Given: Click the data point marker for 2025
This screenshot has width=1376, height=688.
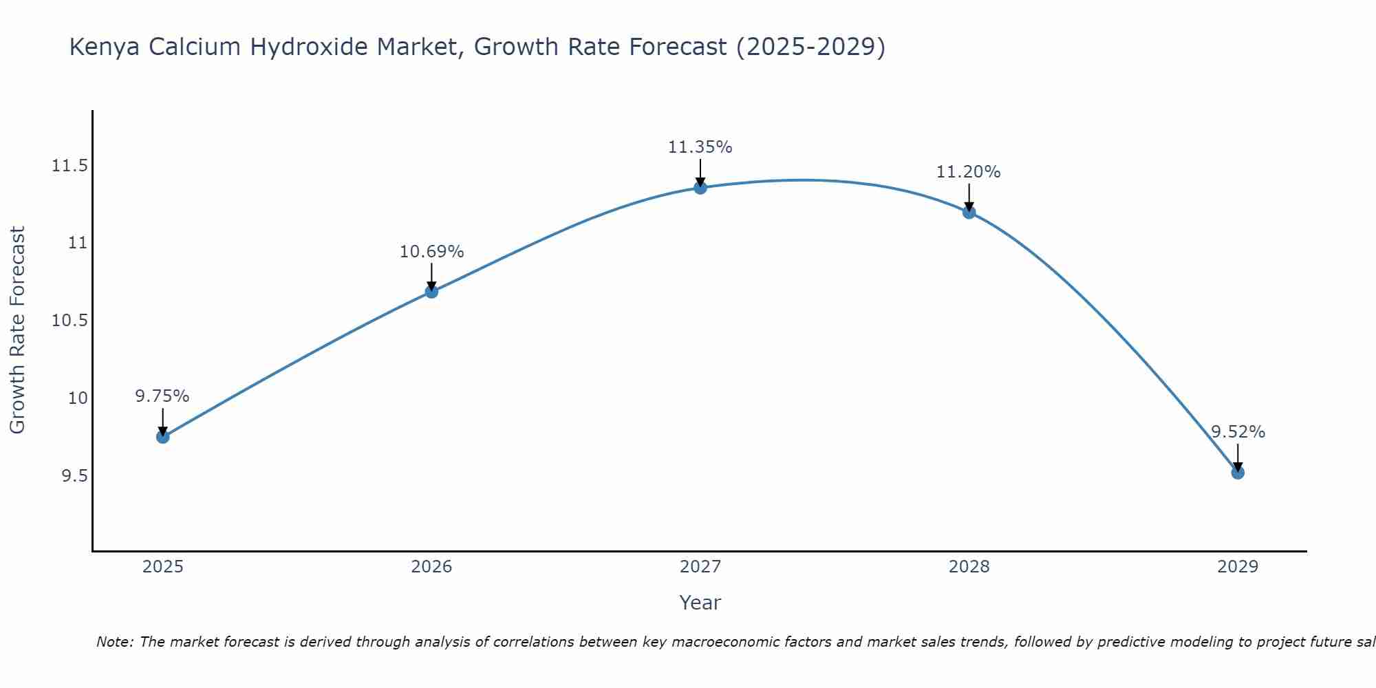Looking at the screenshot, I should [x=163, y=437].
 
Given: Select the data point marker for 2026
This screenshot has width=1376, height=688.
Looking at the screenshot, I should [x=431, y=292].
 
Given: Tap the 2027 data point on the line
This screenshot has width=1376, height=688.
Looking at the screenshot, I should [x=700, y=188].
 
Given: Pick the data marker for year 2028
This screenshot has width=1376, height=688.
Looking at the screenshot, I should [x=969, y=213].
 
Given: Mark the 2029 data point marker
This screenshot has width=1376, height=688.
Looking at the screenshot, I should [x=1238, y=473].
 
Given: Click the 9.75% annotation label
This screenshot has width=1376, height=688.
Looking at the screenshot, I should [x=162, y=396].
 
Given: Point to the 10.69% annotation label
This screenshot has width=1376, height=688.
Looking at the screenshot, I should [x=431, y=252].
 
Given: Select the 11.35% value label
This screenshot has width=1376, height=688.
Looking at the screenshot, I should [x=700, y=147].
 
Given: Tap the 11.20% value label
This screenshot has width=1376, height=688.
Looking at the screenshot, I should [x=968, y=172].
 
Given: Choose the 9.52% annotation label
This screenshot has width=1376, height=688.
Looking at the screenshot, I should [x=1238, y=432].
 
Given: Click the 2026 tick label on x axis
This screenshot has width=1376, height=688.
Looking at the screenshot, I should [x=431, y=567].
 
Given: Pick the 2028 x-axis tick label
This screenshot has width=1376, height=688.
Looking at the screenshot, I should [x=969, y=567].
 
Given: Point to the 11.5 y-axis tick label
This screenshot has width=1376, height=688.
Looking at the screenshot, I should [x=69, y=166].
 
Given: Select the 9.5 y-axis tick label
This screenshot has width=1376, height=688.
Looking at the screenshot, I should [x=74, y=476].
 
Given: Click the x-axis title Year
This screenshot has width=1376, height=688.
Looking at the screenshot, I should [x=700, y=603].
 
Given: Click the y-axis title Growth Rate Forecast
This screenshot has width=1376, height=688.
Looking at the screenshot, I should [x=17, y=330].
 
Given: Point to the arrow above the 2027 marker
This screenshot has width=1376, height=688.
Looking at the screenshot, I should [x=700, y=172].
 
